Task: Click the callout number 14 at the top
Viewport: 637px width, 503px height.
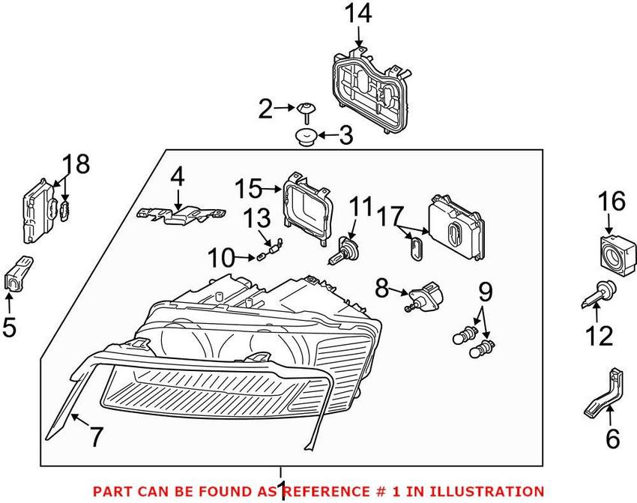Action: (x=358, y=13)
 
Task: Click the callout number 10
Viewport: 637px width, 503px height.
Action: (x=220, y=259)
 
